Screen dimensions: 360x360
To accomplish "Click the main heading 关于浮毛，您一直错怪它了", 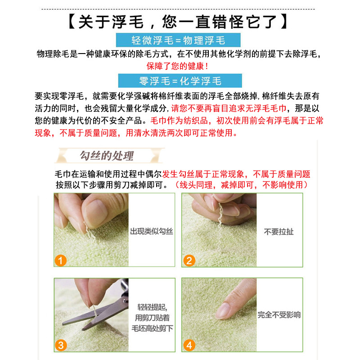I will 180,22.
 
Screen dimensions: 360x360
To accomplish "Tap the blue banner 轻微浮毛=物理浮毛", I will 179,40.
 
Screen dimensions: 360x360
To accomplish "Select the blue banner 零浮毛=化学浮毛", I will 180,81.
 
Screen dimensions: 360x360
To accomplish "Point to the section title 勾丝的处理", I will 106,156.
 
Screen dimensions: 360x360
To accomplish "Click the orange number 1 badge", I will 61,260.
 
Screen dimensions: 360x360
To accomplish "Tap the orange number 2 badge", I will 189,260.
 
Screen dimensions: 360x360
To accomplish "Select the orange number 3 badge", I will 61,345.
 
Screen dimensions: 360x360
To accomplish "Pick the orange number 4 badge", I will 189,345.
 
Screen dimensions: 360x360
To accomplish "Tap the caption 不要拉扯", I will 279,232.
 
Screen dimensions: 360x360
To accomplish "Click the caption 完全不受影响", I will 279,315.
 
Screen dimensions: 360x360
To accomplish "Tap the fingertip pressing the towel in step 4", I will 225,311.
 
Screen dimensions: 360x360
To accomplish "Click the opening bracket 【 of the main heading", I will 71,22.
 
